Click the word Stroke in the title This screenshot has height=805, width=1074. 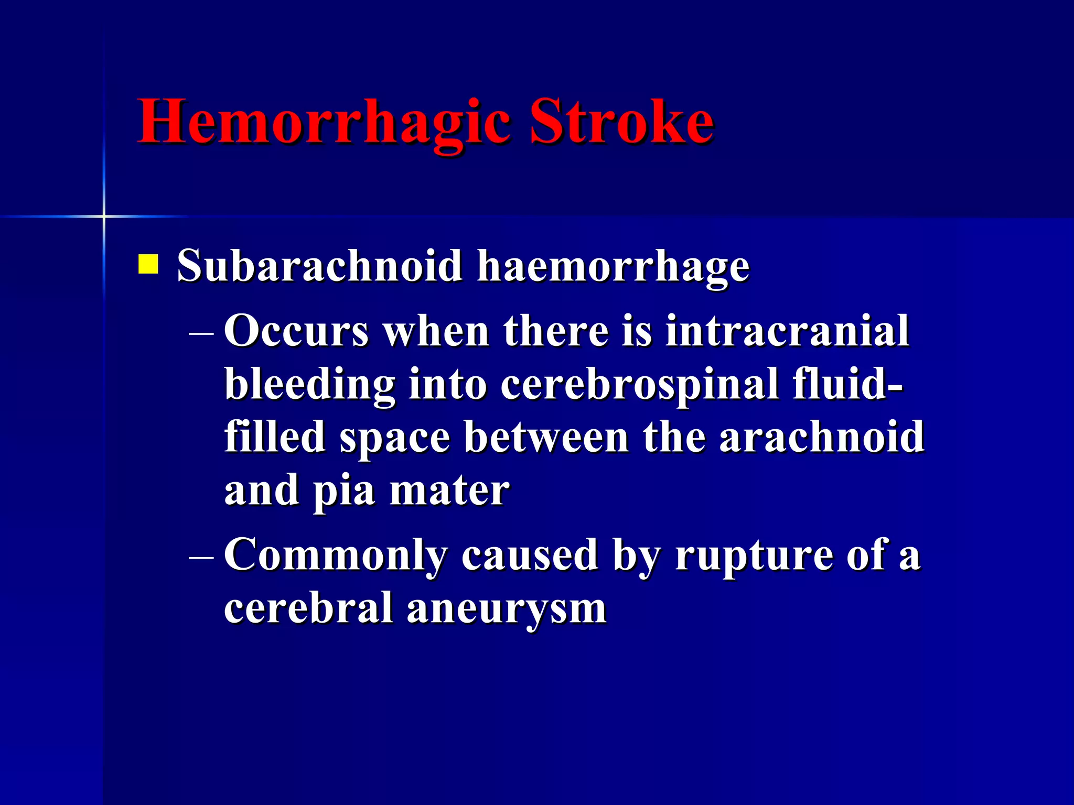[x=621, y=122]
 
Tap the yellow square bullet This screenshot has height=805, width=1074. [x=148, y=264]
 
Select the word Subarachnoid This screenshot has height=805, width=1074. [x=319, y=265]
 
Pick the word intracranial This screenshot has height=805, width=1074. [x=787, y=331]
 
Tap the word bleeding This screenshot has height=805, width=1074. [x=309, y=385]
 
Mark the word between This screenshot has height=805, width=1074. [x=546, y=437]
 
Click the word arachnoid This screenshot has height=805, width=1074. [x=821, y=437]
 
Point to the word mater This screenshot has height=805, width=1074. [x=449, y=491]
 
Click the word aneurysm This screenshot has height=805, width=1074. [x=507, y=608]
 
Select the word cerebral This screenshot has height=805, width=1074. [x=308, y=608]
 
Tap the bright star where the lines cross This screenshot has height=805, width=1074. [x=104, y=216]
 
